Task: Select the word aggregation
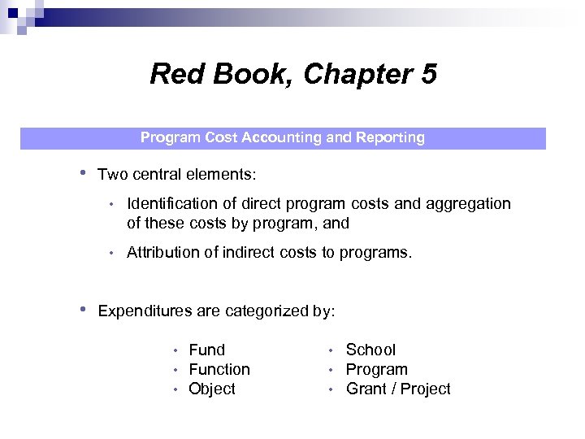pos(470,203)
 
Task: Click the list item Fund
pos(206,350)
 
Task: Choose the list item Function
pos(219,369)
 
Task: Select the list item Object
pos(212,389)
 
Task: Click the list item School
pos(370,350)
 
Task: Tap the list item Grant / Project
pos(398,389)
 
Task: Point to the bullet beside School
pos(331,350)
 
